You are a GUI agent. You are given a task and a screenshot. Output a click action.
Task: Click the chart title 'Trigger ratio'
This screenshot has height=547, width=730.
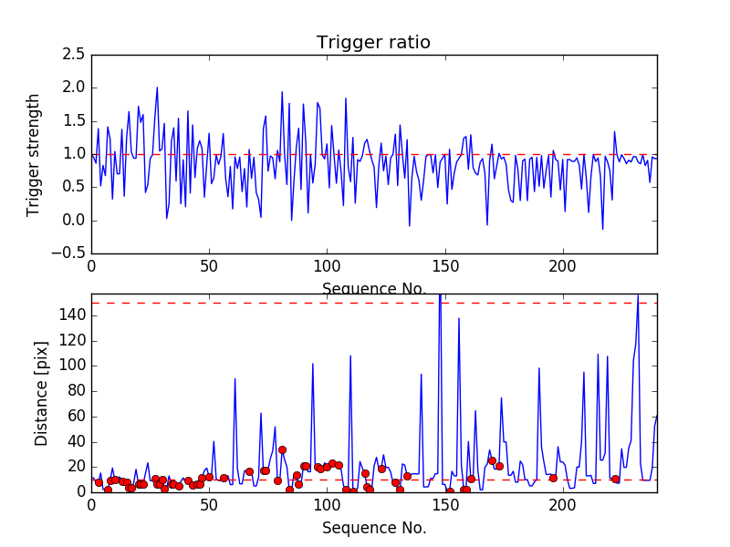tap(373, 43)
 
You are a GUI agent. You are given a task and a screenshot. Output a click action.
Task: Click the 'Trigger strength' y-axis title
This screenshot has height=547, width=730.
tap(34, 154)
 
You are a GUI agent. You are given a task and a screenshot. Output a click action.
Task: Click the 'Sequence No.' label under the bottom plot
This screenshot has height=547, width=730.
tap(373, 528)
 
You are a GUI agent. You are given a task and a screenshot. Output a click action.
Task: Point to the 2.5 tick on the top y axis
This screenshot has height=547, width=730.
tap(74, 55)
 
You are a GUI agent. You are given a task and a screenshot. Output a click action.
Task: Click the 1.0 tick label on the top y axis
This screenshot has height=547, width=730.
tap(74, 154)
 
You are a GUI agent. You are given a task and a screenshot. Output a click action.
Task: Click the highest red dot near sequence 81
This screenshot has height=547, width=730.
tap(282, 449)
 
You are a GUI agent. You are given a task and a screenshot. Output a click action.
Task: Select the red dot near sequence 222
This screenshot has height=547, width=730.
tap(615, 479)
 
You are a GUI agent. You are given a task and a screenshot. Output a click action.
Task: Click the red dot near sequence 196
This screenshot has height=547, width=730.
tap(553, 478)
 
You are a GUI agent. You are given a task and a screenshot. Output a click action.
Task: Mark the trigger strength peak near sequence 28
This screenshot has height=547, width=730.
tap(157, 88)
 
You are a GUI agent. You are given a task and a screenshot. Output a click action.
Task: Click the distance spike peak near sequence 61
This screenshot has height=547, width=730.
tap(235, 378)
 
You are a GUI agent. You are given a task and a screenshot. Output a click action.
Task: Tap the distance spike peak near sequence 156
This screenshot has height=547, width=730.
tap(459, 318)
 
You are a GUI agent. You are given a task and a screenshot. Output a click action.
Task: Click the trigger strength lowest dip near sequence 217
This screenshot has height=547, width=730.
tap(602, 229)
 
